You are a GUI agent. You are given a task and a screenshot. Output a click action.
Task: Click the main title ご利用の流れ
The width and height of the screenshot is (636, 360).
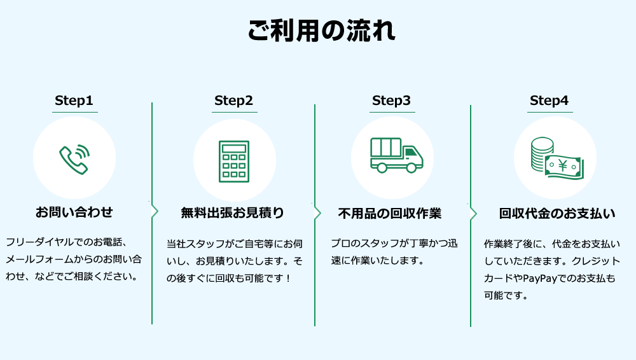321,31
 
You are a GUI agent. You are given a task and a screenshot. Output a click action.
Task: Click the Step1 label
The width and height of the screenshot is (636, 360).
74,100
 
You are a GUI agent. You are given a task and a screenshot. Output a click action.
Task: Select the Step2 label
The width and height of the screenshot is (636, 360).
233,100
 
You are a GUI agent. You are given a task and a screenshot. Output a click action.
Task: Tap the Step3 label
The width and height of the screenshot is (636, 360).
391,100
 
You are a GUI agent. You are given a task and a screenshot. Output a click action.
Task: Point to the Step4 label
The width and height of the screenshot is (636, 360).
549,100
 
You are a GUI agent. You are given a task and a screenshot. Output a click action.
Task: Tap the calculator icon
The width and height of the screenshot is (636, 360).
233,161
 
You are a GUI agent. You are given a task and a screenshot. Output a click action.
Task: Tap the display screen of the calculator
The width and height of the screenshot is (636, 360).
233,148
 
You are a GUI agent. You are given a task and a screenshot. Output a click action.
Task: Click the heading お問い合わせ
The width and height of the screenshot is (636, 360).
74,212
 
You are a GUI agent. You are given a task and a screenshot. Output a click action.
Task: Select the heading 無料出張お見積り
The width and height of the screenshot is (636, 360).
233,212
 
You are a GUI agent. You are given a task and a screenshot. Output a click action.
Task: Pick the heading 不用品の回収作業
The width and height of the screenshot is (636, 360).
389,213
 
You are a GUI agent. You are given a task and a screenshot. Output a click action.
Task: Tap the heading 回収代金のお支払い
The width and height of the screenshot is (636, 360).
557,214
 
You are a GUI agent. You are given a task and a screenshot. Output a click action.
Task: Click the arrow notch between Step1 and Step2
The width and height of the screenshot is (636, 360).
155,212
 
